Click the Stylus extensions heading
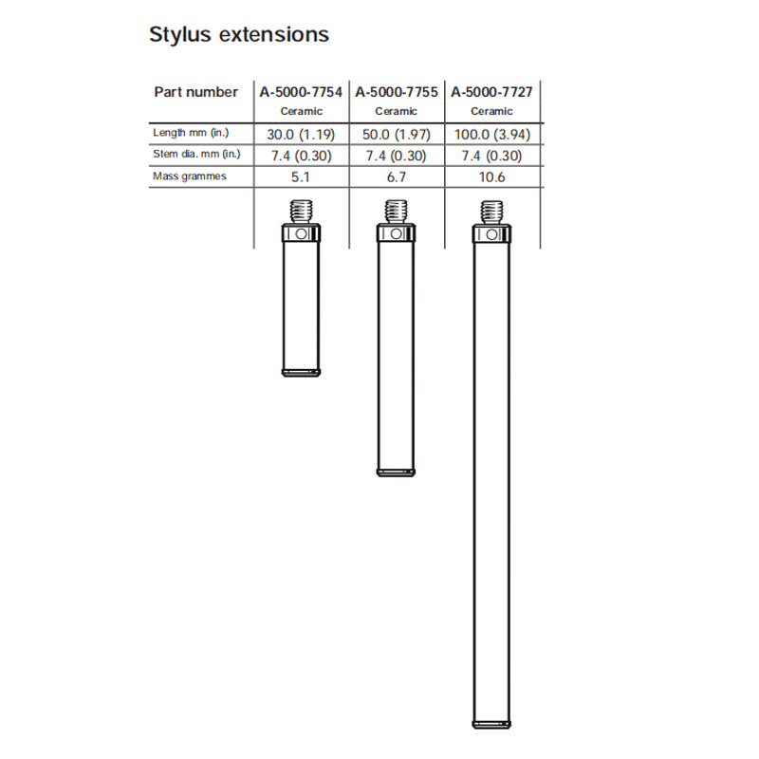click(x=239, y=35)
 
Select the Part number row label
click(x=195, y=92)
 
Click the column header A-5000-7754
click(x=302, y=92)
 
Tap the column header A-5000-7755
click(x=397, y=92)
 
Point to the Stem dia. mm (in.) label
click(x=197, y=155)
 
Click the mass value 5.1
click(x=302, y=177)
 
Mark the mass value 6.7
click(x=397, y=177)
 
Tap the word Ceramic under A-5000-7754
click(x=302, y=111)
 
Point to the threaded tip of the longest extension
click(x=491, y=211)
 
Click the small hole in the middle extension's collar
click(x=397, y=234)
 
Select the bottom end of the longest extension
click(x=491, y=726)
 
